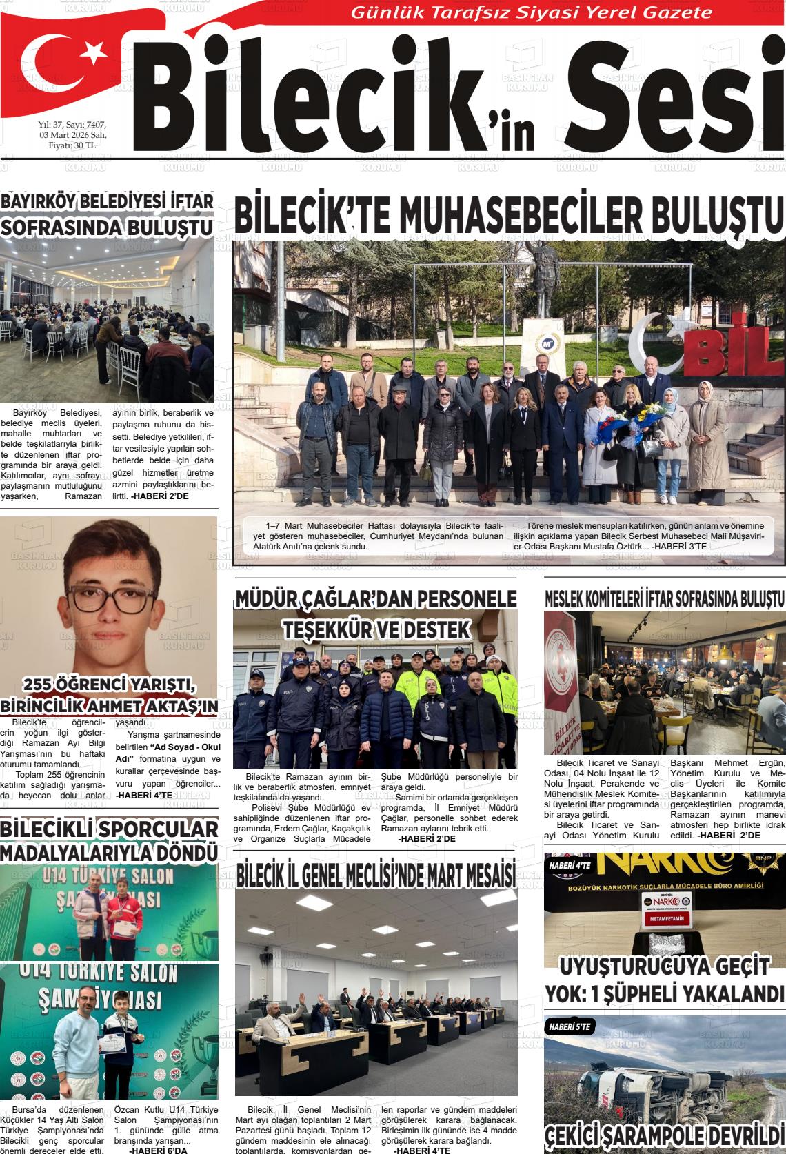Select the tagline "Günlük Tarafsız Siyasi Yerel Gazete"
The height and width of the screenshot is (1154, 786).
click(x=532, y=12)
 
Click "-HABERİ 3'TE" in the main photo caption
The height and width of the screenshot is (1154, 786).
click(x=679, y=547)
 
